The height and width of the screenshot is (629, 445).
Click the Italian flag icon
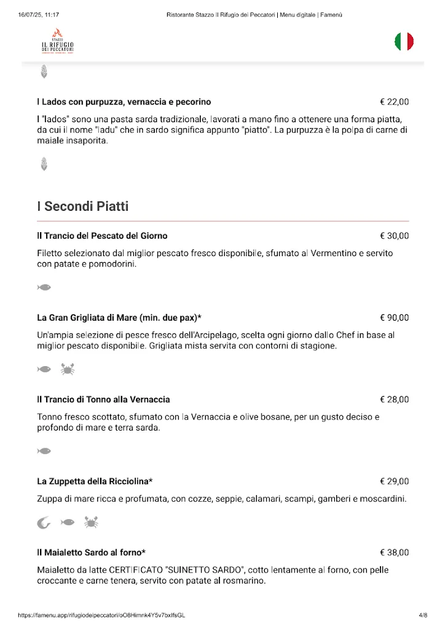coord(404,42)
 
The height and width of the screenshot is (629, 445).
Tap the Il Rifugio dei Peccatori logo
coord(58,42)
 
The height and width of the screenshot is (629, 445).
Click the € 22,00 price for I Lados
coord(394,102)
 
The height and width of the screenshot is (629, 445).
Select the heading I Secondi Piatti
coord(82,206)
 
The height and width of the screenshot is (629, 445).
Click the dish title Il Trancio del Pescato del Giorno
coord(102,236)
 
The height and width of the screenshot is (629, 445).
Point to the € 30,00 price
coord(394,236)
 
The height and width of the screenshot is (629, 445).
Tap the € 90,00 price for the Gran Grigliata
coord(394,318)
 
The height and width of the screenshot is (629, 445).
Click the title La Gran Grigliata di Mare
coord(119,318)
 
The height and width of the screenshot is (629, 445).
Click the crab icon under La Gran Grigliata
coord(67,369)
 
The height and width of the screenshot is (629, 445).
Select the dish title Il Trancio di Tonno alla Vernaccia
coord(103,400)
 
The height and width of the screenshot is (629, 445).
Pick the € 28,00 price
coord(394,400)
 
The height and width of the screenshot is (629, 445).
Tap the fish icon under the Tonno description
coord(44,451)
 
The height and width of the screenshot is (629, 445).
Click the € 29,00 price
coord(394,481)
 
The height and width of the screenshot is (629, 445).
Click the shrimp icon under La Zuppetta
coord(44,523)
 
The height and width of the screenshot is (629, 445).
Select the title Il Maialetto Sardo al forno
coord(91,552)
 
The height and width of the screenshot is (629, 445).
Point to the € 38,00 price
coord(394,552)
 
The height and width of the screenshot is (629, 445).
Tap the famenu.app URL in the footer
coord(101,615)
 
